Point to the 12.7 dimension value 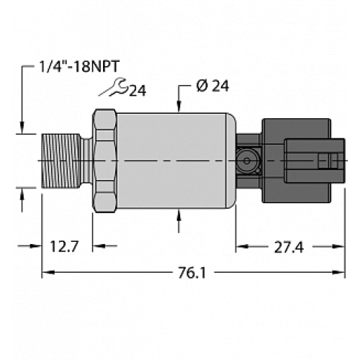(64, 248)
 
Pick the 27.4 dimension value (288, 248)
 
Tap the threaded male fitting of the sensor (63, 160)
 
